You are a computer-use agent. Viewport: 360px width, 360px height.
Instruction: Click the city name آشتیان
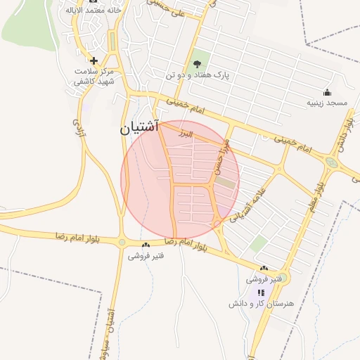[x=140, y=128]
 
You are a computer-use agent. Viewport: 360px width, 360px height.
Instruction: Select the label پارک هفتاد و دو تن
[x=198, y=75]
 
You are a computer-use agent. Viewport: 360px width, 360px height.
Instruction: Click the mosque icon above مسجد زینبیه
[x=327, y=92]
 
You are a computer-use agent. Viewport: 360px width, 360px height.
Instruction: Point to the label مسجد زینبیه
[x=326, y=103]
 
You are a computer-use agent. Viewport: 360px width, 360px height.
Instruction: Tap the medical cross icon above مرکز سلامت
[x=93, y=60]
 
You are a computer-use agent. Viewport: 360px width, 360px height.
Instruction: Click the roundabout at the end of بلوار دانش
[x=330, y=162]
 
